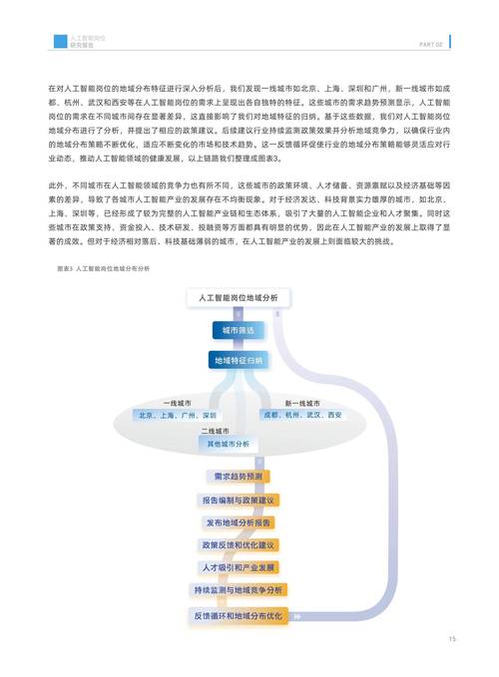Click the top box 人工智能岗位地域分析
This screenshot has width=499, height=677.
[x=238, y=299]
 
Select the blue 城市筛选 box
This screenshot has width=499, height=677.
[x=238, y=330]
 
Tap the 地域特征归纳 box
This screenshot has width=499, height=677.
[x=238, y=360]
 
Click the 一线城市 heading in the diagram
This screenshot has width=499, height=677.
[x=177, y=402]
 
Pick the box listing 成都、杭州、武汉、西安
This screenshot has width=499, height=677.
[x=300, y=415]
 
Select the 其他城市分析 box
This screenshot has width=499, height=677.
[x=231, y=444]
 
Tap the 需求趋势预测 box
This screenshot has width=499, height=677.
[x=238, y=476]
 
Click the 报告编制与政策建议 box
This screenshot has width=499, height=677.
[x=238, y=500]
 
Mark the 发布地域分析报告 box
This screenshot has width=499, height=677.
[x=238, y=522]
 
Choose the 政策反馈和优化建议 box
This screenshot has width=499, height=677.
[x=238, y=545]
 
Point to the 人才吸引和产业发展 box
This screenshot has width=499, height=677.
[x=238, y=568]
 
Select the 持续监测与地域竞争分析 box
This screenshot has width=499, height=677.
[x=238, y=591]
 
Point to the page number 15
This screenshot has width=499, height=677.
[x=452, y=639]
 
